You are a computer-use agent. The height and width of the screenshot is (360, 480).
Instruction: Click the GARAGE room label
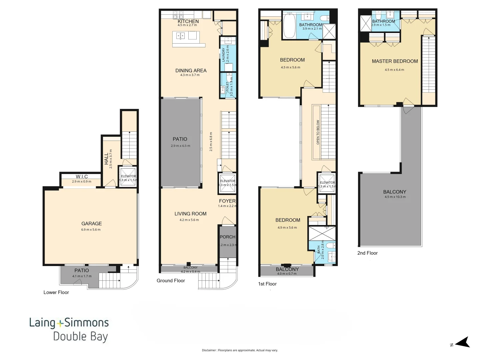tap(92, 224)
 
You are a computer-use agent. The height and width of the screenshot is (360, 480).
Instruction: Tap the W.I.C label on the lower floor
tap(82, 177)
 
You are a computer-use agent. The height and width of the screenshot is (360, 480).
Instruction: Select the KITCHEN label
tap(188, 21)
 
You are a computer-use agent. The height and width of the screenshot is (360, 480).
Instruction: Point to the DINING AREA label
tap(191, 70)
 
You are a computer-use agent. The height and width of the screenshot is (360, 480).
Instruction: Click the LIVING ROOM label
tap(190, 214)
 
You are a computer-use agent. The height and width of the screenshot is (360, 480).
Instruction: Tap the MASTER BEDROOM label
tap(395, 61)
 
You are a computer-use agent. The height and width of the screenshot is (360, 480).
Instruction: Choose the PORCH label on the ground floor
tap(228, 237)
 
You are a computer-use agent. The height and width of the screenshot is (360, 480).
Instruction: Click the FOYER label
tap(227, 201)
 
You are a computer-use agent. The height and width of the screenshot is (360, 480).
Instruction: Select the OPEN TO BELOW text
tap(318, 132)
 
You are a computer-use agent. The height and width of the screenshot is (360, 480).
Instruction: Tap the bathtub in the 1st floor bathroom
tap(289, 26)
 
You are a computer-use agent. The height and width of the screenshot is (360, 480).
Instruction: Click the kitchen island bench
tap(189, 39)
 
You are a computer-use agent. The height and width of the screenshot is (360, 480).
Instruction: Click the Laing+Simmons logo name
tap(69, 322)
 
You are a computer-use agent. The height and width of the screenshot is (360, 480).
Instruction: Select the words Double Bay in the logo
tap(80, 336)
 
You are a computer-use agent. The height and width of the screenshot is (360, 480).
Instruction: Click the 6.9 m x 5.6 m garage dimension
tap(91, 230)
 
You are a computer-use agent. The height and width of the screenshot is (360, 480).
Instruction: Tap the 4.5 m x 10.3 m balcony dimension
tap(395, 197)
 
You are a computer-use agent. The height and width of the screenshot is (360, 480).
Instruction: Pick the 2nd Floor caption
tap(367, 253)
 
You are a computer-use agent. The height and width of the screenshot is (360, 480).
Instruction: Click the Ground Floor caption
tap(171, 281)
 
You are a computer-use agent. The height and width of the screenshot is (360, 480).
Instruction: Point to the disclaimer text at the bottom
tap(240, 350)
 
